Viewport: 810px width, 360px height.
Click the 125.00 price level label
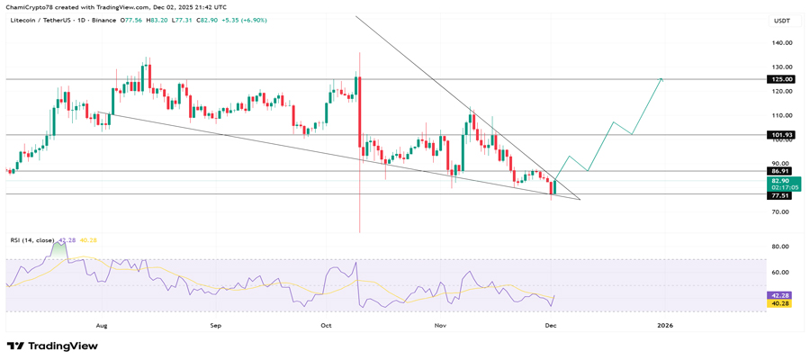point(779,79)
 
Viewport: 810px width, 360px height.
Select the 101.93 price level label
point(779,135)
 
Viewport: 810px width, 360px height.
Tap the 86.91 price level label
point(779,170)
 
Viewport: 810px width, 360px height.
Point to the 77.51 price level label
point(779,195)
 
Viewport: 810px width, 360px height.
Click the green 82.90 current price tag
point(779,181)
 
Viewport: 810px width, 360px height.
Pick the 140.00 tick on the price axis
point(780,42)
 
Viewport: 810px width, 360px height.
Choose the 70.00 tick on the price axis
point(780,212)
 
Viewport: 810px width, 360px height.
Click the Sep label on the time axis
point(215,324)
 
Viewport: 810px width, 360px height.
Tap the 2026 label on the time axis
point(665,324)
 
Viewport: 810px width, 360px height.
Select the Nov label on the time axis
point(440,324)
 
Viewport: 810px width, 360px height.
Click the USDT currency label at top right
point(781,20)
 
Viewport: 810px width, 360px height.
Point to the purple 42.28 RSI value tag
point(779,295)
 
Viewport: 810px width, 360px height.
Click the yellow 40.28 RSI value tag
point(779,304)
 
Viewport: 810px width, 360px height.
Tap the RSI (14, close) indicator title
point(31,240)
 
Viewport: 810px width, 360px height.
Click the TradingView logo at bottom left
point(52,346)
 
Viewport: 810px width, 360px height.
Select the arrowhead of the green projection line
point(661,79)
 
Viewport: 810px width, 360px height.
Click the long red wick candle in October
point(359,144)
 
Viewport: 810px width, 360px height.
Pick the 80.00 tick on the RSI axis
point(780,247)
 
